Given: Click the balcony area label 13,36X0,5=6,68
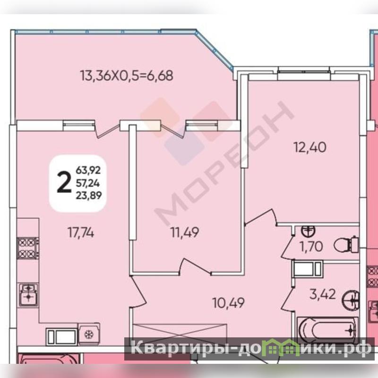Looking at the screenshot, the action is [x=126, y=76].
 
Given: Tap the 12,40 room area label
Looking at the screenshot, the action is [x=310, y=147].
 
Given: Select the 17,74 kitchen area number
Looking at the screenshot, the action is [x=81, y=232].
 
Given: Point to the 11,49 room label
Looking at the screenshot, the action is [x=185, y=232].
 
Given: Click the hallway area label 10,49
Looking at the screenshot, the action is [x=229, y=303].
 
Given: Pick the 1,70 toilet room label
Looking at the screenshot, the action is [x=311, y=247].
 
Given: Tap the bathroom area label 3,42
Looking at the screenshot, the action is [x=323, y=294].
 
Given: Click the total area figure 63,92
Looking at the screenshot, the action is [x=88, y=170].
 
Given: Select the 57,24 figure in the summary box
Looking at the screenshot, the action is [x=88, y=184].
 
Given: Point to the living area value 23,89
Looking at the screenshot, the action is [x=89, y=195].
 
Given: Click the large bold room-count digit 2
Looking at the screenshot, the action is [x=64, y=183].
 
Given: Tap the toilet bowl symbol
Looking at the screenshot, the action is [x=346, y=244].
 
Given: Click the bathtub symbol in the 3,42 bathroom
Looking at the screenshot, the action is [x=327, y=330].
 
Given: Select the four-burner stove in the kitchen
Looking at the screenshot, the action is [x=28, y=248].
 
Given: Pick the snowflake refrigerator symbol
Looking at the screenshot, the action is [x=89, y=334].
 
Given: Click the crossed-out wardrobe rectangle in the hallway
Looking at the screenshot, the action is [x=180, y=332].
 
